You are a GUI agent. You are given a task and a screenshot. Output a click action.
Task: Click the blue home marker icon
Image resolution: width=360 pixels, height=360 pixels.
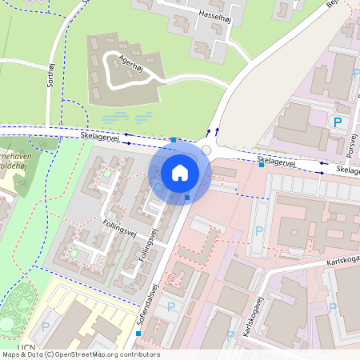click(x=180, y=172)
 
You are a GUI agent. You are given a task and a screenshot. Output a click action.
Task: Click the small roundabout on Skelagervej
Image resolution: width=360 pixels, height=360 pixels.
click(x=207, y=150)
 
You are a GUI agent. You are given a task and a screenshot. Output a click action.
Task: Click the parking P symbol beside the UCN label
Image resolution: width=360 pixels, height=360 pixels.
click(x=45, y=327)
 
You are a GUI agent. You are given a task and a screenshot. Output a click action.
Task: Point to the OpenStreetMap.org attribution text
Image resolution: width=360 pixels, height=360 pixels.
click(x=80, y=354)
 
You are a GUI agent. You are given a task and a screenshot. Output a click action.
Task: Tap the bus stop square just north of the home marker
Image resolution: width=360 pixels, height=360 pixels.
click(x=174, y=140)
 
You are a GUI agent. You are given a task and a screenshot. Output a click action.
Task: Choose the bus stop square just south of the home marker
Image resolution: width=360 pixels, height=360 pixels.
click(x=187, y=197)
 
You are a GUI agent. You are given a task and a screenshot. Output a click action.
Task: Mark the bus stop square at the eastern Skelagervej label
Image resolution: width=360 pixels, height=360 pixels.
click(x=261, y=165)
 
